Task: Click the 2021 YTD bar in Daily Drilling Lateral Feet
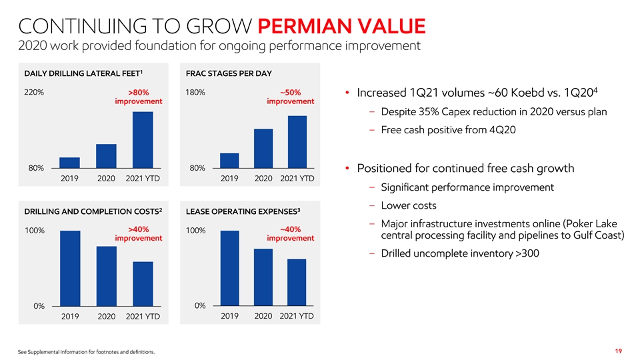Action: [143, 139]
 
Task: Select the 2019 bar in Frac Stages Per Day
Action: [229, 160]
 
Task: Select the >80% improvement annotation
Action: [138, 97]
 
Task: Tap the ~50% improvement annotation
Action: [290, 97]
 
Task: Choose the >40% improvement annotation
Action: [138, 234]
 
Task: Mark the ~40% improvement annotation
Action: [290, 234]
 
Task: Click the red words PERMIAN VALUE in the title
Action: [341, 27]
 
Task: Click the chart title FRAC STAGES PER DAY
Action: [229, 73]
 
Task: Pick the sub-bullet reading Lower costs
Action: [409, 205]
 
